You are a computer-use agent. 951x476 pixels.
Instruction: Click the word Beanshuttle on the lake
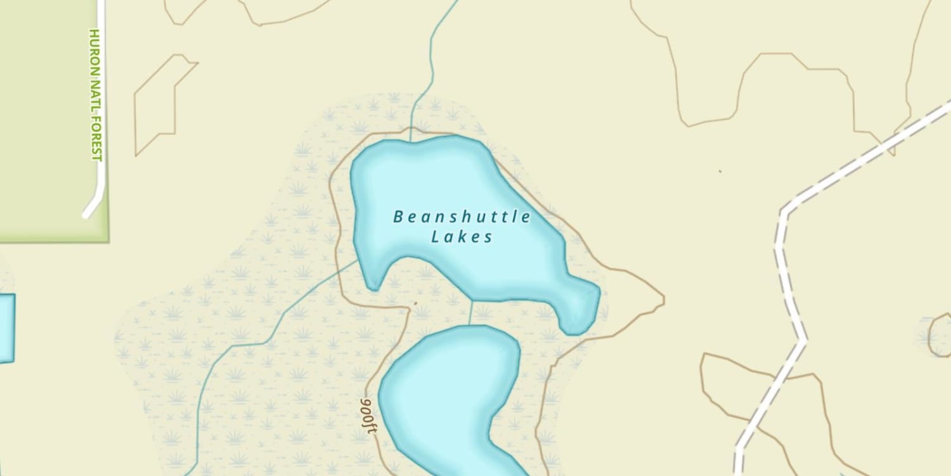462,217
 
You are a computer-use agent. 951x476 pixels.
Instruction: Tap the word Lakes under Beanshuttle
462,237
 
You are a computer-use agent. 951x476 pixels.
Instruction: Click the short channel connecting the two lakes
471,312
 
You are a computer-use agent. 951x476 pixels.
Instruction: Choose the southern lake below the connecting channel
444,393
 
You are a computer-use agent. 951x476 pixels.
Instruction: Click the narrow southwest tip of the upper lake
373,279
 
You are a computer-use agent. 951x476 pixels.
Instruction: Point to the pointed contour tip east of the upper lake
663,296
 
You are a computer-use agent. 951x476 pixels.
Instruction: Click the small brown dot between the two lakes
415,303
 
